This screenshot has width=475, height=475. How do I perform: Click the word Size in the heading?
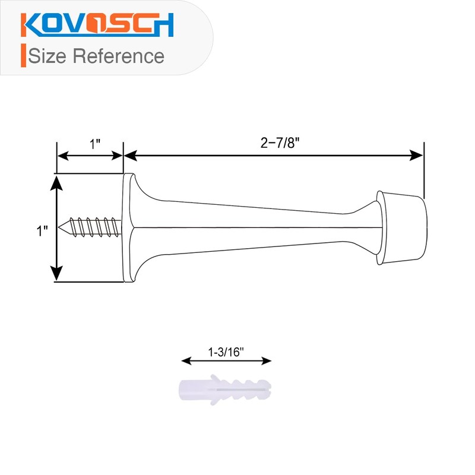(48, 56)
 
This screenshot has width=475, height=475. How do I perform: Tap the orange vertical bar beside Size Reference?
(23, 55)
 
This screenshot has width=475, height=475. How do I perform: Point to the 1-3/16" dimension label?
(226, 351)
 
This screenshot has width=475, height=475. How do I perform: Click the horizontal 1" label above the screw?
(95, 144)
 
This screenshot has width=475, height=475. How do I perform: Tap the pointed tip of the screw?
(62, 226)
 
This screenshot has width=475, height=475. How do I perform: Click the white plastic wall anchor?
(224, 389)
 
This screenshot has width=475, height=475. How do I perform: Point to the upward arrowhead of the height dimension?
(56, 180)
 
